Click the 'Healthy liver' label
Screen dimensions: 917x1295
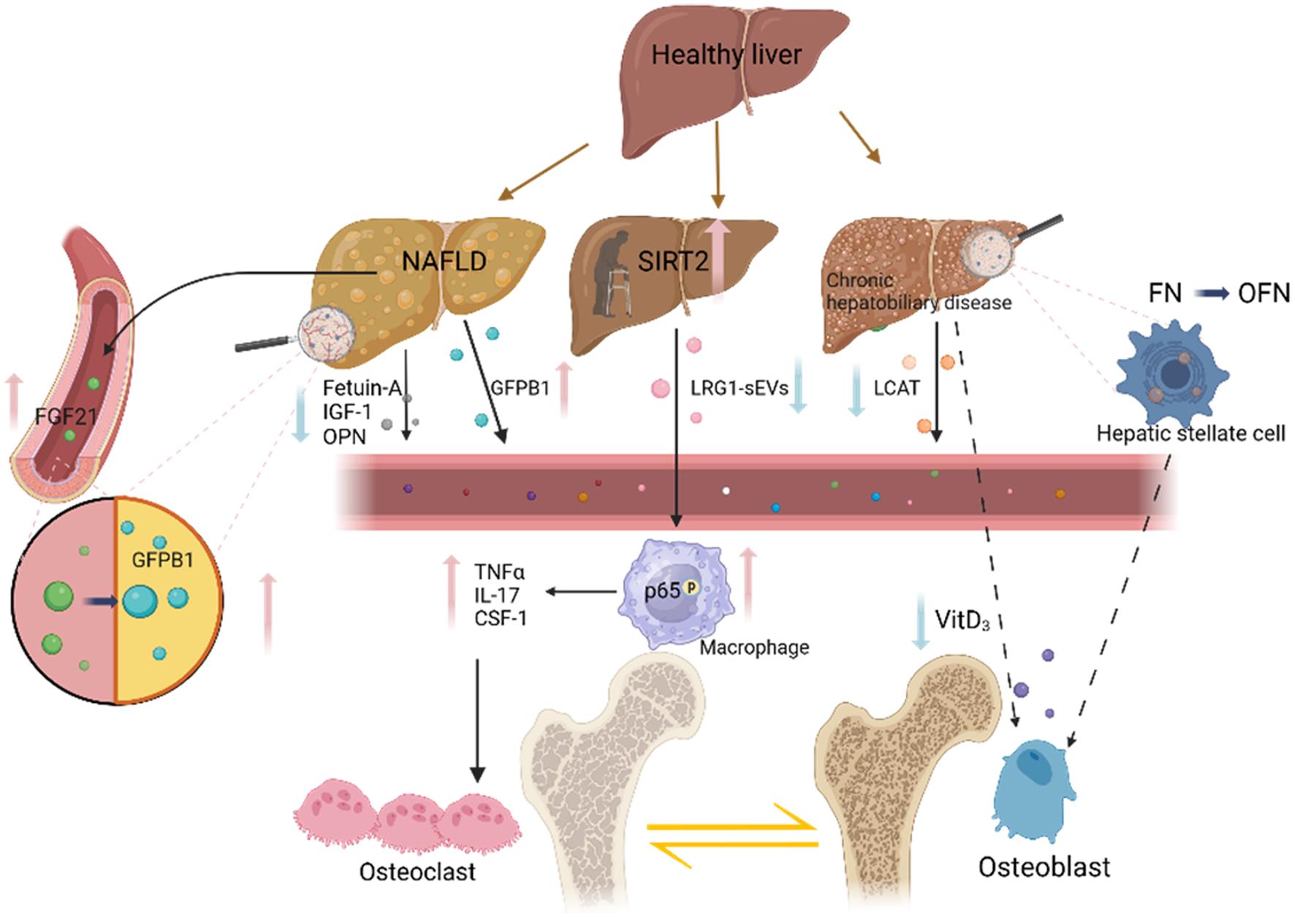coord(726,55)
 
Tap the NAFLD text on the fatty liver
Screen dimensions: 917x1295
coord(444,261)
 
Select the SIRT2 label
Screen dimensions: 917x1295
coord(673,261)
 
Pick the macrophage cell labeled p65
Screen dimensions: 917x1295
coord(672,592)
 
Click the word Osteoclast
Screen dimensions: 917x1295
coord(417,871)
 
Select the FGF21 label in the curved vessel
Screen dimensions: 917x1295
coord(66,416)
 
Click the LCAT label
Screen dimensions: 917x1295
coord(896,388)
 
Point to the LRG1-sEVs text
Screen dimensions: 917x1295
coord(739,388)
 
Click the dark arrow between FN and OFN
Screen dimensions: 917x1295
coord(1211,294)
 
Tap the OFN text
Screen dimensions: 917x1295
coord(1264,294)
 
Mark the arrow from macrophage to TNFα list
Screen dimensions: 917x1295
coord(581,592)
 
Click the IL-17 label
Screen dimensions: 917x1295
coord(496,594)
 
